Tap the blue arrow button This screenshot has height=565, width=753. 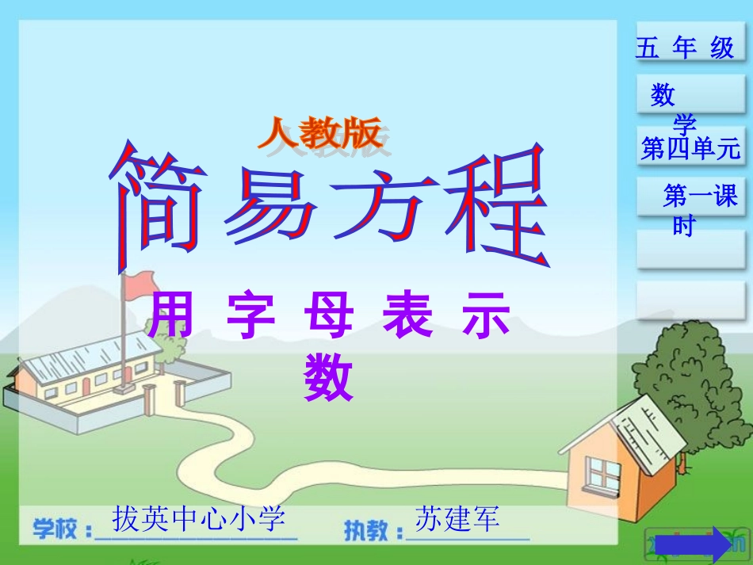[x=710, y=544]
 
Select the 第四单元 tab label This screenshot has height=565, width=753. [x=690, y=148]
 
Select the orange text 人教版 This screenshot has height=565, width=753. [x=320, y=133]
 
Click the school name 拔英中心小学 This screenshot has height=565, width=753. [x=198, y=519]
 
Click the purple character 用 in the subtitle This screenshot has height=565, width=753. [x=170, y=317]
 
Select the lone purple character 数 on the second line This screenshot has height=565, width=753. [x=328, y=378]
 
